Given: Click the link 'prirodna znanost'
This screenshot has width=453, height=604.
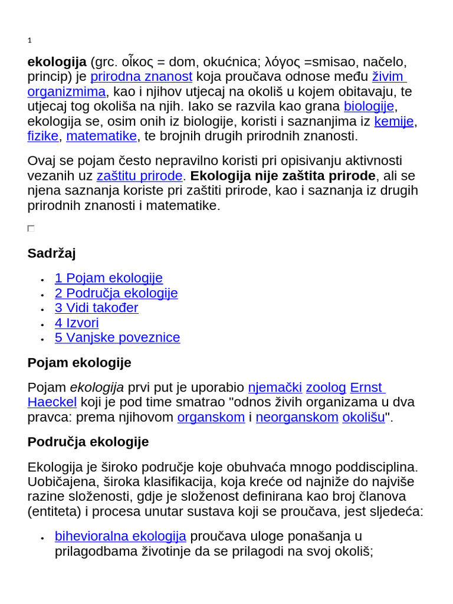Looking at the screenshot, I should point(142,77).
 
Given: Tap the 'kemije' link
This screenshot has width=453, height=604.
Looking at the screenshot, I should point(394,122).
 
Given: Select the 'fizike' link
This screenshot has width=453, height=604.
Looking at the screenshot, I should point(43,136).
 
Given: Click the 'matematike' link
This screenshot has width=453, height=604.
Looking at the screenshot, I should point(101,136).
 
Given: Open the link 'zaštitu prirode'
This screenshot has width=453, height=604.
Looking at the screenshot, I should point(139,176).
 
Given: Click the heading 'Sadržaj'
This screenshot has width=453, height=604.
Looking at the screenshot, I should point(51,253).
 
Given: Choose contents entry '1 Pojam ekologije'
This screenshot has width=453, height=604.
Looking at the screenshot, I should point(109,278).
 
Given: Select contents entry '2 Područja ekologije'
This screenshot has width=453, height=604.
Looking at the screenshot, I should point(116,293).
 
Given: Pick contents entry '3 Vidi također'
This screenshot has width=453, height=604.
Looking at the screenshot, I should point(97,308).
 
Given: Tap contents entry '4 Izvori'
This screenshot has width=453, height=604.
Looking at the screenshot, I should point(77,323).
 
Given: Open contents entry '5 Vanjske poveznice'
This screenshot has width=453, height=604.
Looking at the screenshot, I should point(117,338).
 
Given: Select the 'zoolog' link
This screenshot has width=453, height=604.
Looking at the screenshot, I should point(326,388).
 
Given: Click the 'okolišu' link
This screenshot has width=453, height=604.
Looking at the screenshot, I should point(363,418).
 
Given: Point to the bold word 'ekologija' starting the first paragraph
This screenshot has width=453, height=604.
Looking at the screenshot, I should point(57,62).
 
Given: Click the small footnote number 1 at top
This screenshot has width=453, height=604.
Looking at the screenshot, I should point(29,41).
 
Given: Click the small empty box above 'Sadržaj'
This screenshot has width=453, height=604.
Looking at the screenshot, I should point(31,228).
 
